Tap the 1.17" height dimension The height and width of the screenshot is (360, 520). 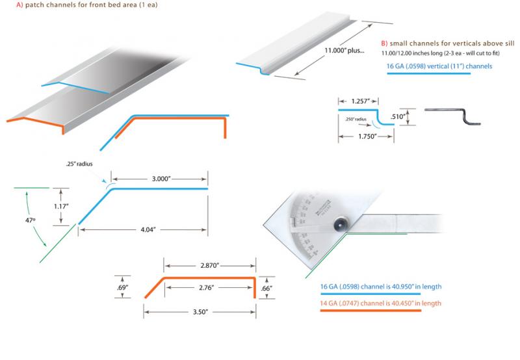(60, 206)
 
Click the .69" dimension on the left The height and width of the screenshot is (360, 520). (122, 286)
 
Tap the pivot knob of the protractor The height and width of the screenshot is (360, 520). (341, 225)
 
